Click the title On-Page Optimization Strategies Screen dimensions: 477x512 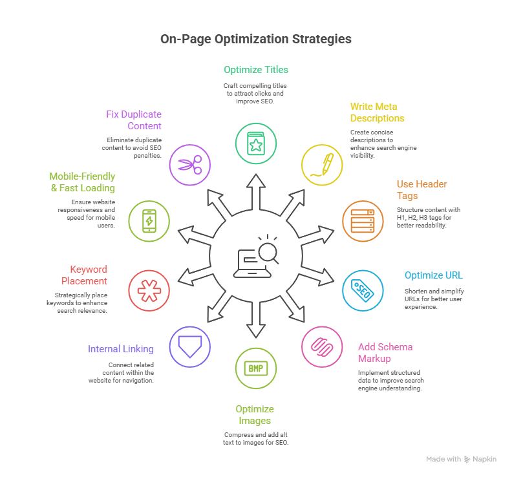pyautogui.click(x=256, y=39)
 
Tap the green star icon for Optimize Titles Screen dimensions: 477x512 pyautogui.click(x=256, y=143)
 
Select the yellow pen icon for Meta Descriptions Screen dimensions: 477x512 pyautogui.click(x=322, y=164)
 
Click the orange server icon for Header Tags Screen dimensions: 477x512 pyautogui.click(x=362, y=221)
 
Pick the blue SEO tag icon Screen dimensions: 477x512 pyautogui.click(x=362, y=290)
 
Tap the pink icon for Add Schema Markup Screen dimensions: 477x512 pyautogui.click(x=322, y=346)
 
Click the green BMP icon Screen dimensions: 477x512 pyautogui.click(x=256, y=368)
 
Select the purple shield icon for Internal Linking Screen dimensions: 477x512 pyautogui.click(x=189, y=346)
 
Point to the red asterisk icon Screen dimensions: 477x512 pyautogui.click(x=149, y=290)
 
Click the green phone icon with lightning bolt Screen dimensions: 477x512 pyautogui.click(x=149, y=221)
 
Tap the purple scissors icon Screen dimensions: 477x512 pyautogui.click(x=189, y=164)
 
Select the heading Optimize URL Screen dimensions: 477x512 pyautogui.click(x=433, y=275)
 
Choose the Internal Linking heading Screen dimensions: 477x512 pyautogui.click(x=121, y=349)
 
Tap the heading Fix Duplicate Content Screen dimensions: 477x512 pyautogui.click(x=134, y=120)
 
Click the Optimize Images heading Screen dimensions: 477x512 pyautogui.click(x=255, y=415)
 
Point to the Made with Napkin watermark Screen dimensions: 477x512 pyautogui.click(x=461, y=459)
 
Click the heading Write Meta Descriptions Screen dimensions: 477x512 pyautogui.click(x=377, y=112)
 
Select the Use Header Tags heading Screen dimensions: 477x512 pyautogui.click(x=421, y=190)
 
